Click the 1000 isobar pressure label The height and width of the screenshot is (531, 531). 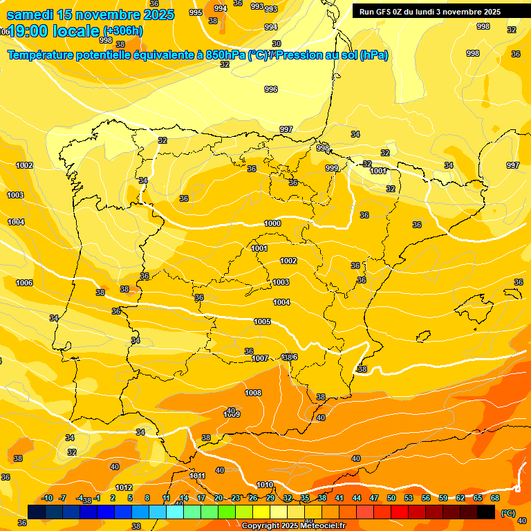coord(272,223)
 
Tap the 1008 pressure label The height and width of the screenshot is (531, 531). coord(253,393)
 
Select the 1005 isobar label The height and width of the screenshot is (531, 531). coord(262,322)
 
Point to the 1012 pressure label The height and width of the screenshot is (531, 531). coord(124,487)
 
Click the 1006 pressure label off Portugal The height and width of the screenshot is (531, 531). coord(24,283)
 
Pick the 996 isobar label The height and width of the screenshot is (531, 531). coord(271,89)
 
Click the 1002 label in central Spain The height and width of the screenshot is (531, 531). coord(288,261)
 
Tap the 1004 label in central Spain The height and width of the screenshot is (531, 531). coord(281,302)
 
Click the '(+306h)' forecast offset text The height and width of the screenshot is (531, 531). coord(123,31)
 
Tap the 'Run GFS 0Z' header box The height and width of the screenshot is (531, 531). coord(429,12)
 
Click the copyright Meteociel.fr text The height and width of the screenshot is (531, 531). coord(293,525)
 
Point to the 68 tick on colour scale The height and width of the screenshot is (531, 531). coord(495,498)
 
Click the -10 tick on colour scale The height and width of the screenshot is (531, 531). coord(48,498)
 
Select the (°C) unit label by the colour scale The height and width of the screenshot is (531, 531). coord(507,512)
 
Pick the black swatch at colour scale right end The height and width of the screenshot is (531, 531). coord(486,512)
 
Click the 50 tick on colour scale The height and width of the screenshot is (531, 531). coord(391,498)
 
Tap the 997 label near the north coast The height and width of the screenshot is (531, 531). coord(286,129)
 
